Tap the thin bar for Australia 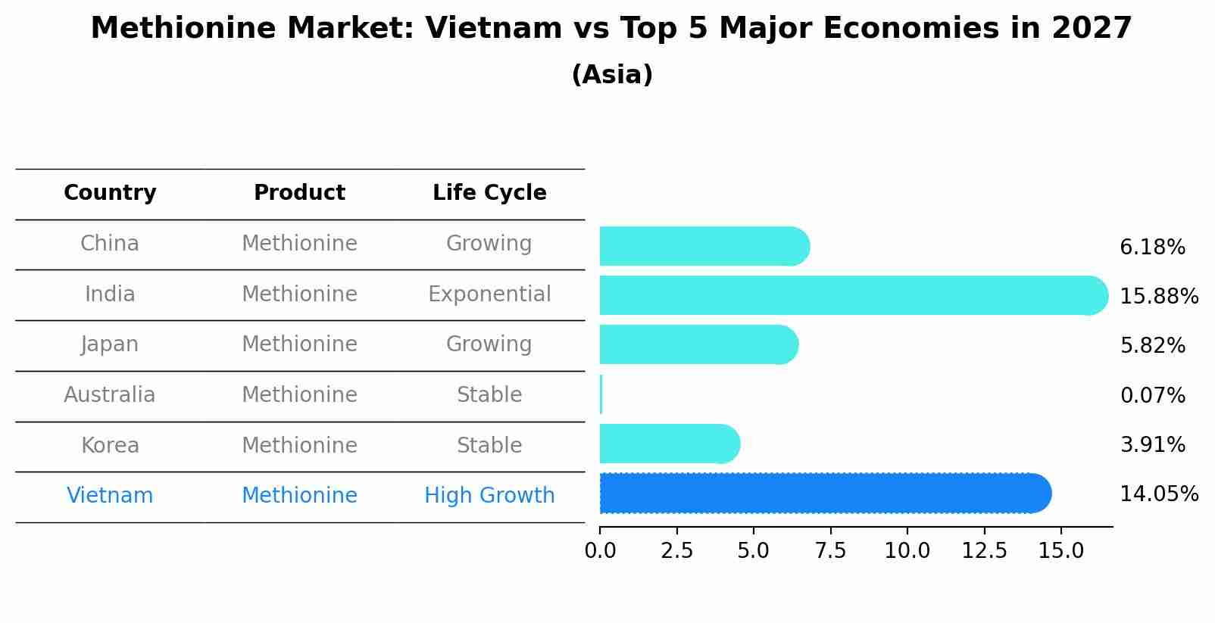click(601, 394)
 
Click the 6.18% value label click(1151, 248)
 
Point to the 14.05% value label click(1158, 494)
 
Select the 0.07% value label click(1151, 395)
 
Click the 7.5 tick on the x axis click(830, 551)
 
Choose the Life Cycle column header click(489, 193)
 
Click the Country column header click(110, 193)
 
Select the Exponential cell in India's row click(489, 294)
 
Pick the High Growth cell click(489, 496)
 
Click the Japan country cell click(110, 344)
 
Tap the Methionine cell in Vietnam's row click(299, 496)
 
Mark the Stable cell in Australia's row click(489, 395)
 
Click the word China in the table click(110, 244)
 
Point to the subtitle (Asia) click(612, 75)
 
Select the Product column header click(299, 193)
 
